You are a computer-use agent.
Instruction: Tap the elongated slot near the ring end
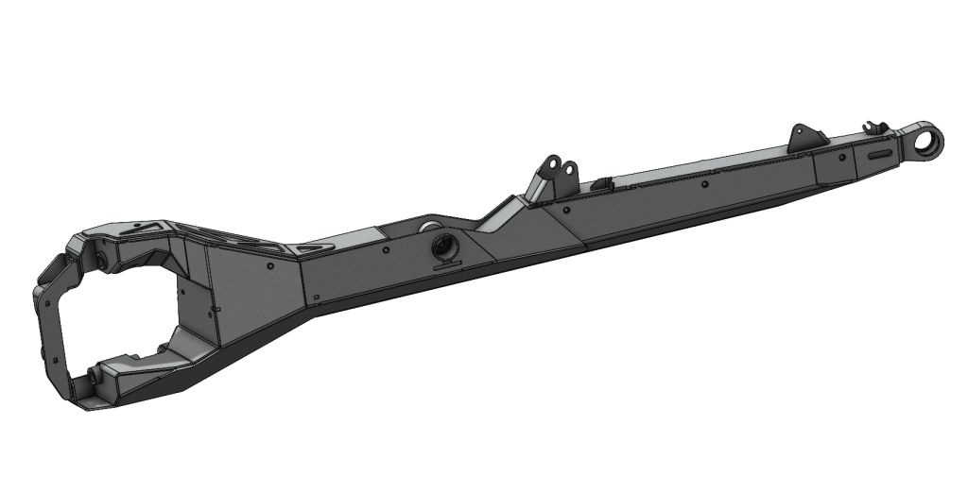pos(878,152)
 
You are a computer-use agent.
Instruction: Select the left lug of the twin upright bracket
pos(548,170)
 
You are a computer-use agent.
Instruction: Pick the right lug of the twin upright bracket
pos(568,171)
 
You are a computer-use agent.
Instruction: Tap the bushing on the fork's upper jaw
pos(97,257)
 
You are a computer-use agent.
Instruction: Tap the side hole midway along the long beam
pos(705,185)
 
